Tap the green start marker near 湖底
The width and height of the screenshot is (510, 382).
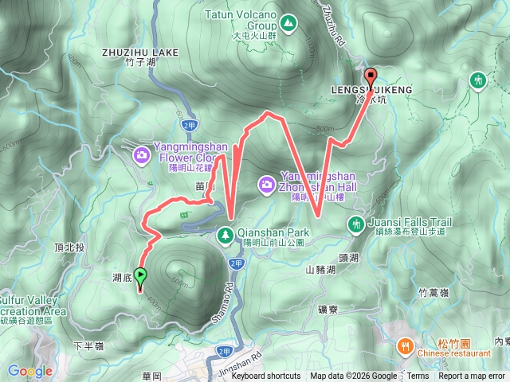pyautogui.click(x=141, y=276)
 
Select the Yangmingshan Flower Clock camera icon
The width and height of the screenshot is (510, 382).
pyautogui.click(x=142, y=154)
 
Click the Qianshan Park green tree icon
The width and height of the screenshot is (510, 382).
pyautogui.click(x=226, y=234)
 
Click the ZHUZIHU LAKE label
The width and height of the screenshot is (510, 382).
pyautogui.click(x=141, y=53)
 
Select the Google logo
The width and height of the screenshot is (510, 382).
pyautogui.click(x=30, y=371)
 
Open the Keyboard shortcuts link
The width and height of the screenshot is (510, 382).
pyautogui.click(x=266, y=376)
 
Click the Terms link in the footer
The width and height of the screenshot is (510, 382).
pyautogui.click(x=418, y=376)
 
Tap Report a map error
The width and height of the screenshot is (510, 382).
pyautogui.click(x=473, y=376)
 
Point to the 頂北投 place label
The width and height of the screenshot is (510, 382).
pyautogui.click(x=71, y=248)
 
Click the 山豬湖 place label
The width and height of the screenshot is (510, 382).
pyautogui.click(x=322, y=270)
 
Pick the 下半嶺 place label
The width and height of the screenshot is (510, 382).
pyautogui.click(x=88, y=346)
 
